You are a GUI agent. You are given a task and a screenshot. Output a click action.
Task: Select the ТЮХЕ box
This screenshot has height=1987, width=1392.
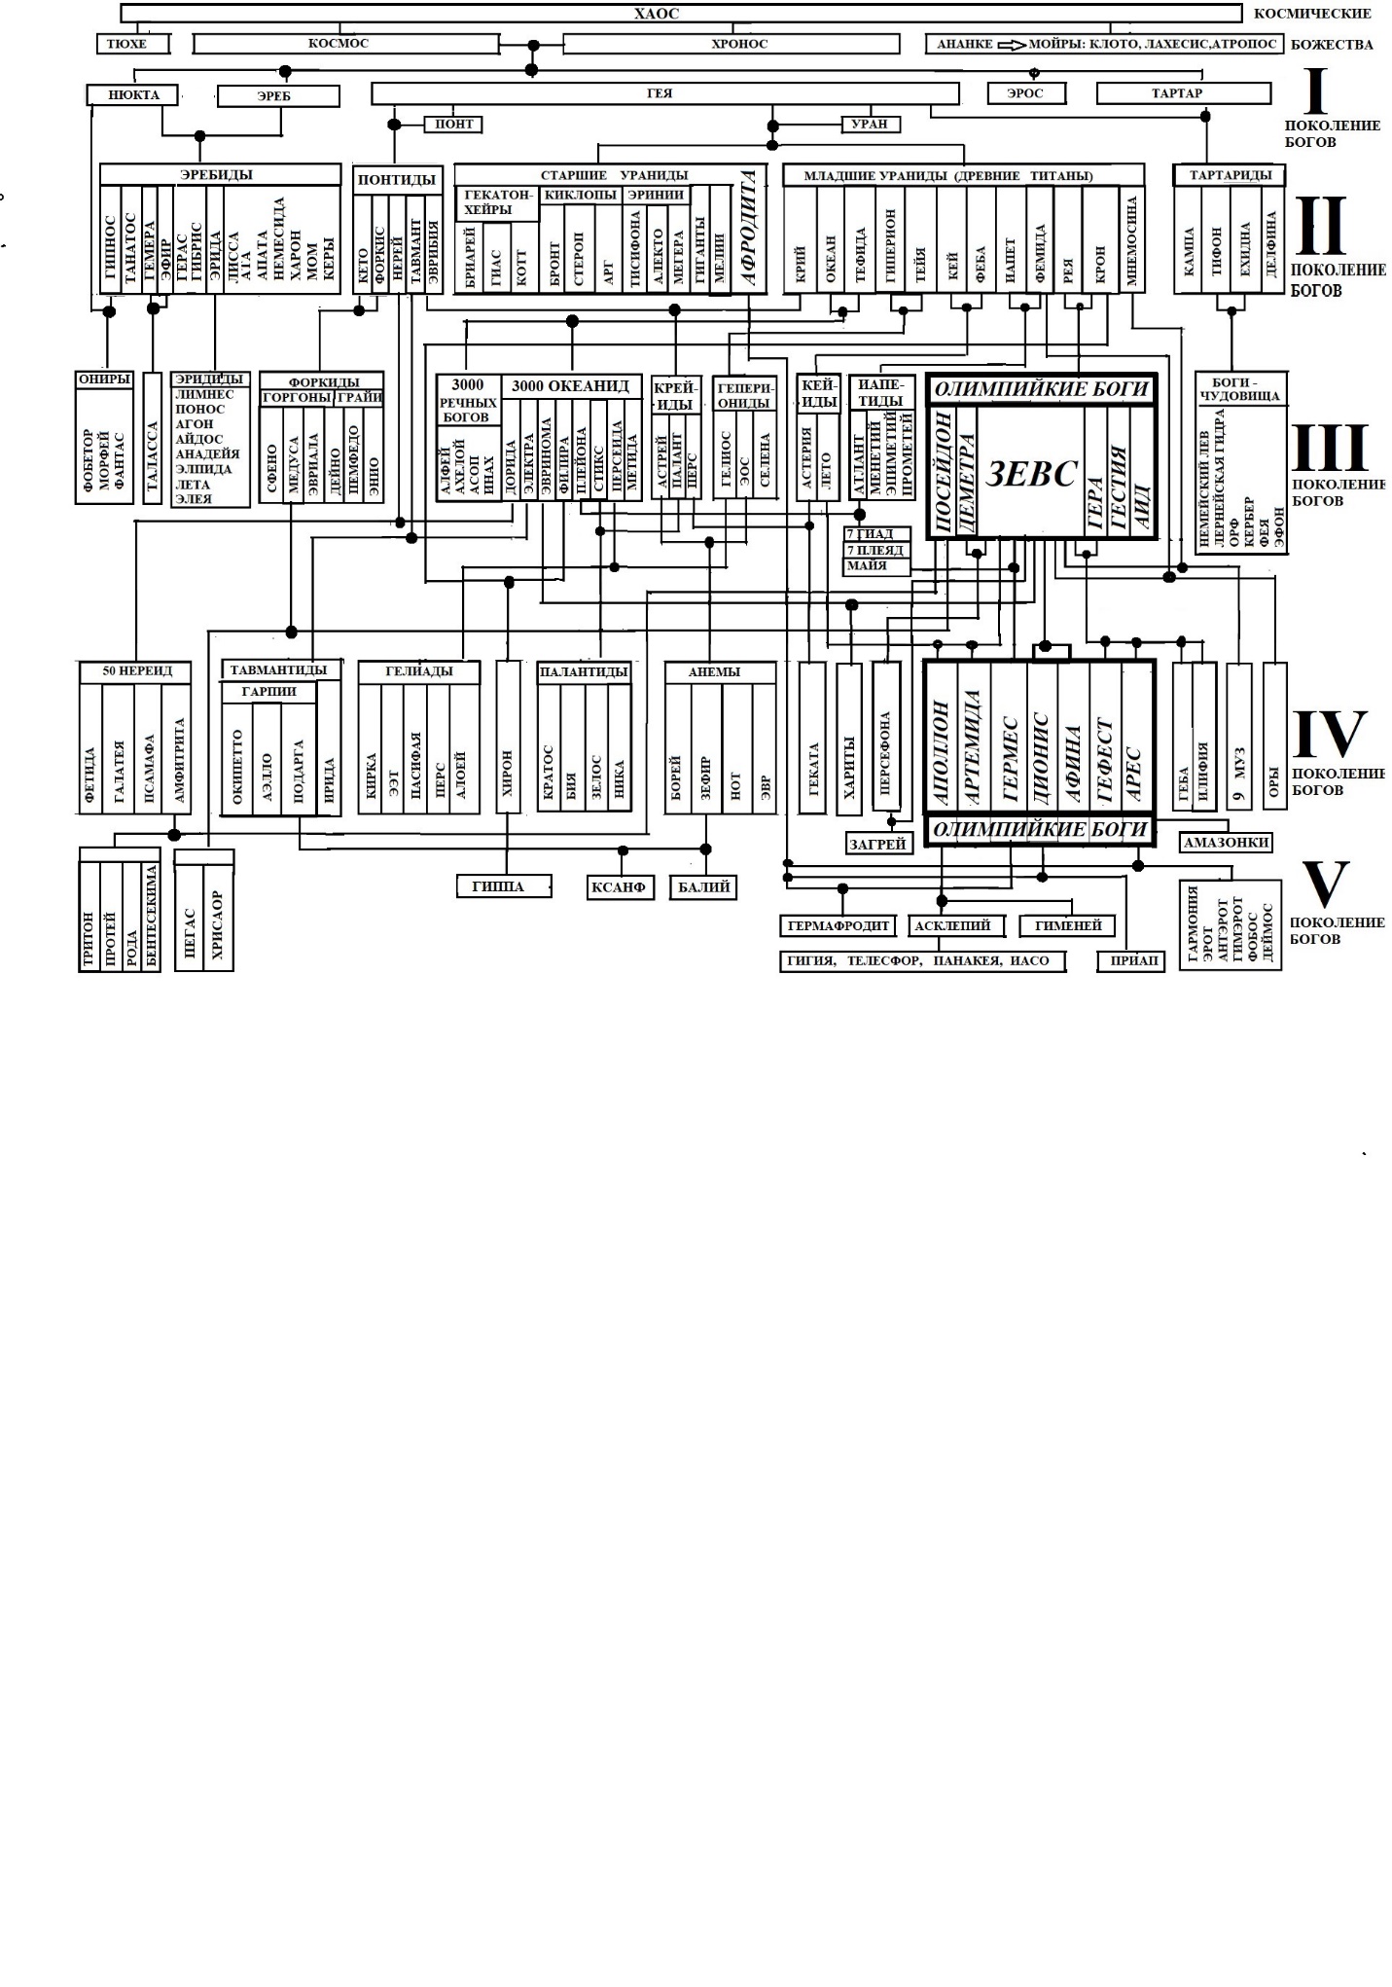point(133,44)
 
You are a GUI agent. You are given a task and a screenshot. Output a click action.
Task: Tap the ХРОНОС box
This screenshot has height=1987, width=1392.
point(732,44)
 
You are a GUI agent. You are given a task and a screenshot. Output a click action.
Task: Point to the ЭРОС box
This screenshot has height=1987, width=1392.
point(1025,93)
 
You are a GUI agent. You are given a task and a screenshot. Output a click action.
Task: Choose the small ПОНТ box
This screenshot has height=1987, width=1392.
point(453,124)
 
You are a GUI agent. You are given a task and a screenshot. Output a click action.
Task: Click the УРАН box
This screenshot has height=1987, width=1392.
point(871,124)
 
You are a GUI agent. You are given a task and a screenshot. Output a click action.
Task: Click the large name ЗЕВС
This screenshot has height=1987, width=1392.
point(1031,474)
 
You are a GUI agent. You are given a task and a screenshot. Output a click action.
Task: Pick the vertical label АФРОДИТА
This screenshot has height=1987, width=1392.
point(748,227)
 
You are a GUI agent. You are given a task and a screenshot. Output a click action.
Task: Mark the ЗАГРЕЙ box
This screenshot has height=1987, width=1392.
point(878,845)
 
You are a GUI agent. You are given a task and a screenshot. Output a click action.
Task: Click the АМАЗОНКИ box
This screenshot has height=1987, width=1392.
point(1226,842)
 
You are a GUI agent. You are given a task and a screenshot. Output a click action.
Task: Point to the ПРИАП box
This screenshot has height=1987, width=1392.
point(1131,961)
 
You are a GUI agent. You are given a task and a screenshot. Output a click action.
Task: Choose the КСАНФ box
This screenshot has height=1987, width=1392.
point(621,887)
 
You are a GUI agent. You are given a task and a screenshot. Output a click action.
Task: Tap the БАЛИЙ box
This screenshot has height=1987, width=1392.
point(703,887)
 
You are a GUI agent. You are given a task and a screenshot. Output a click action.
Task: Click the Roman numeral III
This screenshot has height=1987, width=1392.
point(1330,448)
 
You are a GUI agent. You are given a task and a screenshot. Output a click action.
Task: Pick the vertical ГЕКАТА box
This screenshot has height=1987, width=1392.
point(812,738)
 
